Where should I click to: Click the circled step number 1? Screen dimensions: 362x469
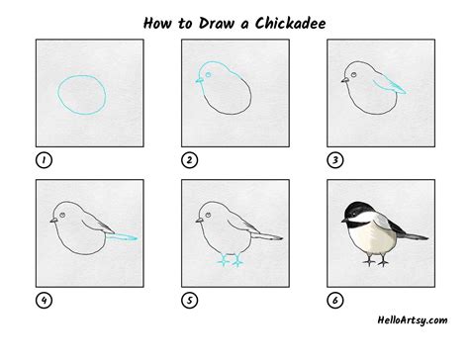[44, 159]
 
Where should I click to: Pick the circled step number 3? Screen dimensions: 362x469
[333, 159]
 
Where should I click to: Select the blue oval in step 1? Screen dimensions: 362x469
[81, 95]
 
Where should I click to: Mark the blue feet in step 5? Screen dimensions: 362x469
[230, 261]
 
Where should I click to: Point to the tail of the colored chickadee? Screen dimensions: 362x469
[412, 235]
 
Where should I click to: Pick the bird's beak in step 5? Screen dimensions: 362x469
[197, 219]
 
